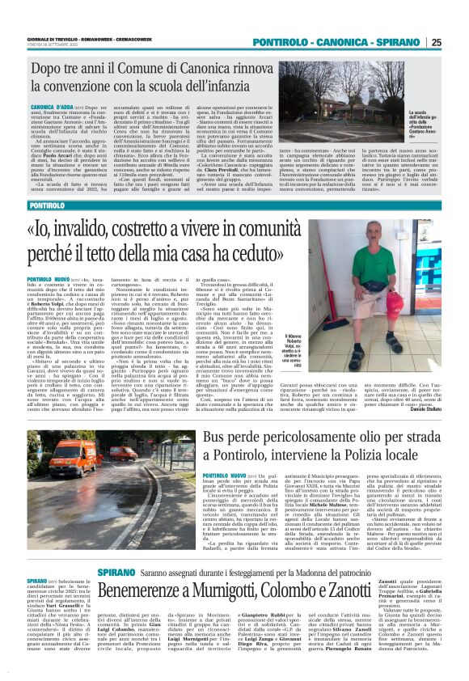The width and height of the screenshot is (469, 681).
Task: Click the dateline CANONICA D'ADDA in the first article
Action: tap(53, 106)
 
